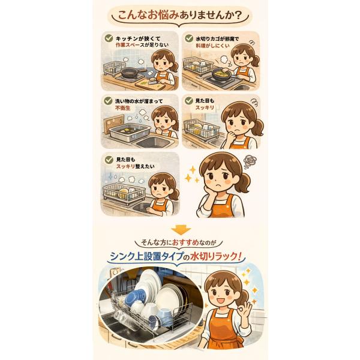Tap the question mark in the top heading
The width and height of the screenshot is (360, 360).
[x=238, y=16]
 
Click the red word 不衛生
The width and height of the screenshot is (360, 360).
[x=123, y=108]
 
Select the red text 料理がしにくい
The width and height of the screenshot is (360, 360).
[x=212, y=46]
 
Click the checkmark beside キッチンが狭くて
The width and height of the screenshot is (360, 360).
[x=109, y=38]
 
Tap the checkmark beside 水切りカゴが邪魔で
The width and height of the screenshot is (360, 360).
[x=189, y=38]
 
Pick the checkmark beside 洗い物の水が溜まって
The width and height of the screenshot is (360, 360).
[x=108, y=101]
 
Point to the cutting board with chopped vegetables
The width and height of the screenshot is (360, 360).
[x=151, y=85]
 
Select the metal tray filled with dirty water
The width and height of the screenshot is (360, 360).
[x=130, y=132]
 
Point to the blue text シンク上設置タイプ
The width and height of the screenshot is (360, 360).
[x=146, y=256]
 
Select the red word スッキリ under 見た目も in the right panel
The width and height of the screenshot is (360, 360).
[x=205, y=107]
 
